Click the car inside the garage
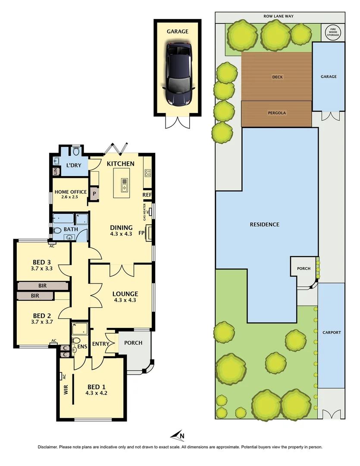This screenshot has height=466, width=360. (178, 74)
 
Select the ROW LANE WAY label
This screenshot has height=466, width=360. (280, 17)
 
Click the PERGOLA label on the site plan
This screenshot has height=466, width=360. (276, 113)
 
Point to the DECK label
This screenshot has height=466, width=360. (277, 77)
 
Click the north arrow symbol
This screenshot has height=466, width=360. (178, 435)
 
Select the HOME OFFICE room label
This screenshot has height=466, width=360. (70, 192)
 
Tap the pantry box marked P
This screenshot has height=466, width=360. (94, 194)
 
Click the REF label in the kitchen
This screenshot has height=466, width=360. (147, 195)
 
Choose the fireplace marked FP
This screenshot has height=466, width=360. (149, 233)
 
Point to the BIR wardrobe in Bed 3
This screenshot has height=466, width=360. (42, 286)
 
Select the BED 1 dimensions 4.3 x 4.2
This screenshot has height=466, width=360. (97, 393)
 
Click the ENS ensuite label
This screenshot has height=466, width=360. (81, 346)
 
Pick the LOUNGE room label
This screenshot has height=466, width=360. (125, 294)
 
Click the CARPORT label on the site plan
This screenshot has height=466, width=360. (332, 333)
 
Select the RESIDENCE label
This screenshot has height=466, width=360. (265, 224)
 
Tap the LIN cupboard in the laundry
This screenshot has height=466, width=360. (56, 171)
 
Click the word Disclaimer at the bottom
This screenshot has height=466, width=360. (51, 447)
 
